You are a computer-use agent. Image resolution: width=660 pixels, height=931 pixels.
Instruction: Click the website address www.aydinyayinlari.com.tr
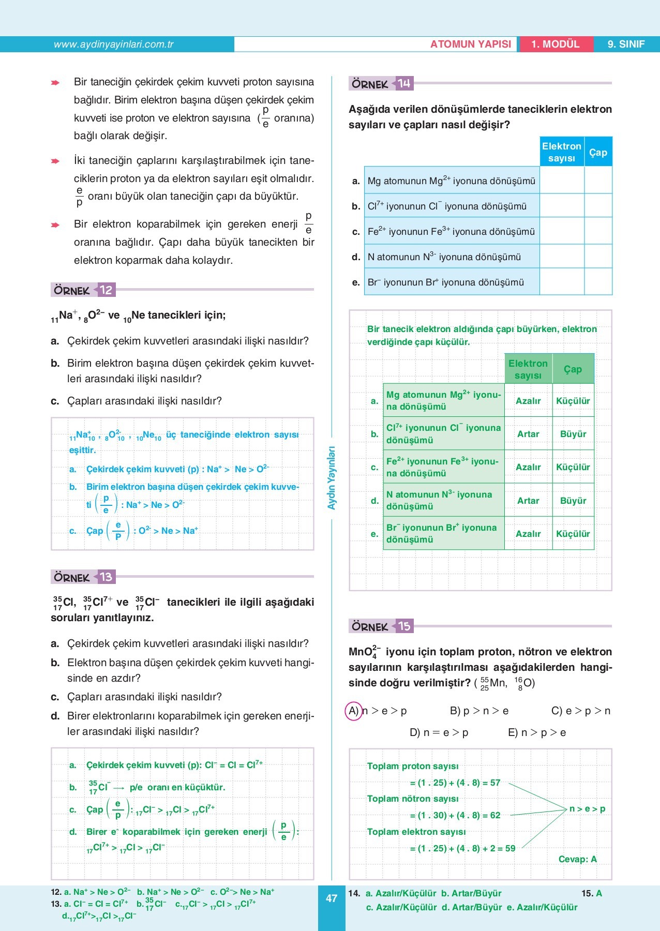(113, 44)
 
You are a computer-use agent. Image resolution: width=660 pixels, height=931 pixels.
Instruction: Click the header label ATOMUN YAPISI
(470, 44)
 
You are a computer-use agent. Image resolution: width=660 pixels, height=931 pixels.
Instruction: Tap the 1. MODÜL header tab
(555, 44)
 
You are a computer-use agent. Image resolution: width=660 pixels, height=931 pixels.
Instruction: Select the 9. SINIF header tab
(626, 44)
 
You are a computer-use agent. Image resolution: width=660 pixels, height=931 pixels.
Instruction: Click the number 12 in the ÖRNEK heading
(106, 290)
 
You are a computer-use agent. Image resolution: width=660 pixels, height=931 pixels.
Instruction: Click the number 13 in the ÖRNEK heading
(106, 577)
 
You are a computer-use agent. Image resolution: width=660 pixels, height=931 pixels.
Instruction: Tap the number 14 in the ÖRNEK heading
(404, 84)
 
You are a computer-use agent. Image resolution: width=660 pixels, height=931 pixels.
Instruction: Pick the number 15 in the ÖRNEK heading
(404, 626)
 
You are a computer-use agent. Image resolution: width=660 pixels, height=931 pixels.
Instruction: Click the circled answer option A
(354, 711)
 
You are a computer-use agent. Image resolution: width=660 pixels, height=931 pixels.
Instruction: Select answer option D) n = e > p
(439, 733)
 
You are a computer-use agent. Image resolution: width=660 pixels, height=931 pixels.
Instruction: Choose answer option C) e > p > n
(580, 711)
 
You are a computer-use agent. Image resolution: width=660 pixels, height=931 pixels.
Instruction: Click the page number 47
(332, 898)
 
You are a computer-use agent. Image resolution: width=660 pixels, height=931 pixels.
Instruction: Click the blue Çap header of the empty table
(598, 152)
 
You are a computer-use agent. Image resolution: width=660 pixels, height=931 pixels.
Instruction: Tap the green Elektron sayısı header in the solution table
(528, 369)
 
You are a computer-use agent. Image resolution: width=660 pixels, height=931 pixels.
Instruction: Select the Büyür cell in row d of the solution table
(573, 501)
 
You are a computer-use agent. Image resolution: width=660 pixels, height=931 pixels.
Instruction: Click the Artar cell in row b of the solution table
(528, 434)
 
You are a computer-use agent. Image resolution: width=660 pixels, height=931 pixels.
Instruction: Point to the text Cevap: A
(577, 859)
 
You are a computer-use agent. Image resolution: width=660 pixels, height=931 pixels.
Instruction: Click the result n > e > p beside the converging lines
(587, 809)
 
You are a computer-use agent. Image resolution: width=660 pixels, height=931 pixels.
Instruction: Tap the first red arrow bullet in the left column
(55, 83)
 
